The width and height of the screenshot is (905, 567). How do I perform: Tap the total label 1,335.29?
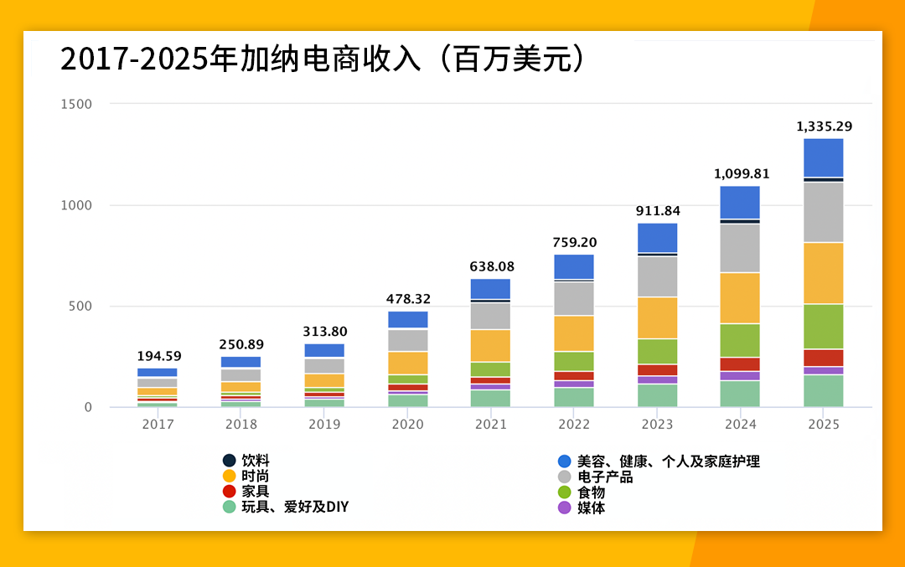click(824, 126)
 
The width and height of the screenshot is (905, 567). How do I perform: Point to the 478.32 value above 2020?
click(408, 299)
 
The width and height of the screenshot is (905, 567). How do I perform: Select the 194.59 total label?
click(158, 356)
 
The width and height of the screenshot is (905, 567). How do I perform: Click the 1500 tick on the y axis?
click(77, 104)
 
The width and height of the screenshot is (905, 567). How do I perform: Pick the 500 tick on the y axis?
click(80, 307)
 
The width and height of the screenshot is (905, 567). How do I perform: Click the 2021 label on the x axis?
click(490, 425)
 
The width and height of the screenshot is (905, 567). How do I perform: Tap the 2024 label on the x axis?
click(740, 425)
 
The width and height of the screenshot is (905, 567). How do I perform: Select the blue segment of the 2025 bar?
click(824, 157)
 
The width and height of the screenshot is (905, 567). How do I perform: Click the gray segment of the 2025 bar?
click(824, 212)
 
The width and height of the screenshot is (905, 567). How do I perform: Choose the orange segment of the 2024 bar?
click(740, 297)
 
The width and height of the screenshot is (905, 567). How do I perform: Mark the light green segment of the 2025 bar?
click(824, 326)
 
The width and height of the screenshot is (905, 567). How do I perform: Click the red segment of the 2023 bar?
click(657, 370)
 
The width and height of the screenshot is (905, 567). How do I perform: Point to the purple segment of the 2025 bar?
click(824, 370)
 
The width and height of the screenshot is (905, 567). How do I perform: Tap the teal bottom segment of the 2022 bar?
click(574, 397)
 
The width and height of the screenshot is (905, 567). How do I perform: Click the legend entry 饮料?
click(255, 461)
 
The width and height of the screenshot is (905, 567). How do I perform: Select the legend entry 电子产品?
click(604, 477)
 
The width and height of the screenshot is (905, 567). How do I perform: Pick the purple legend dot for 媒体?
click(565, 508)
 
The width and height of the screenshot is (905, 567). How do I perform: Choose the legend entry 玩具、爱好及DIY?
click(294, 508)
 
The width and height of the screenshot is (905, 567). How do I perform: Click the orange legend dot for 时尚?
click(230, 476)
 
